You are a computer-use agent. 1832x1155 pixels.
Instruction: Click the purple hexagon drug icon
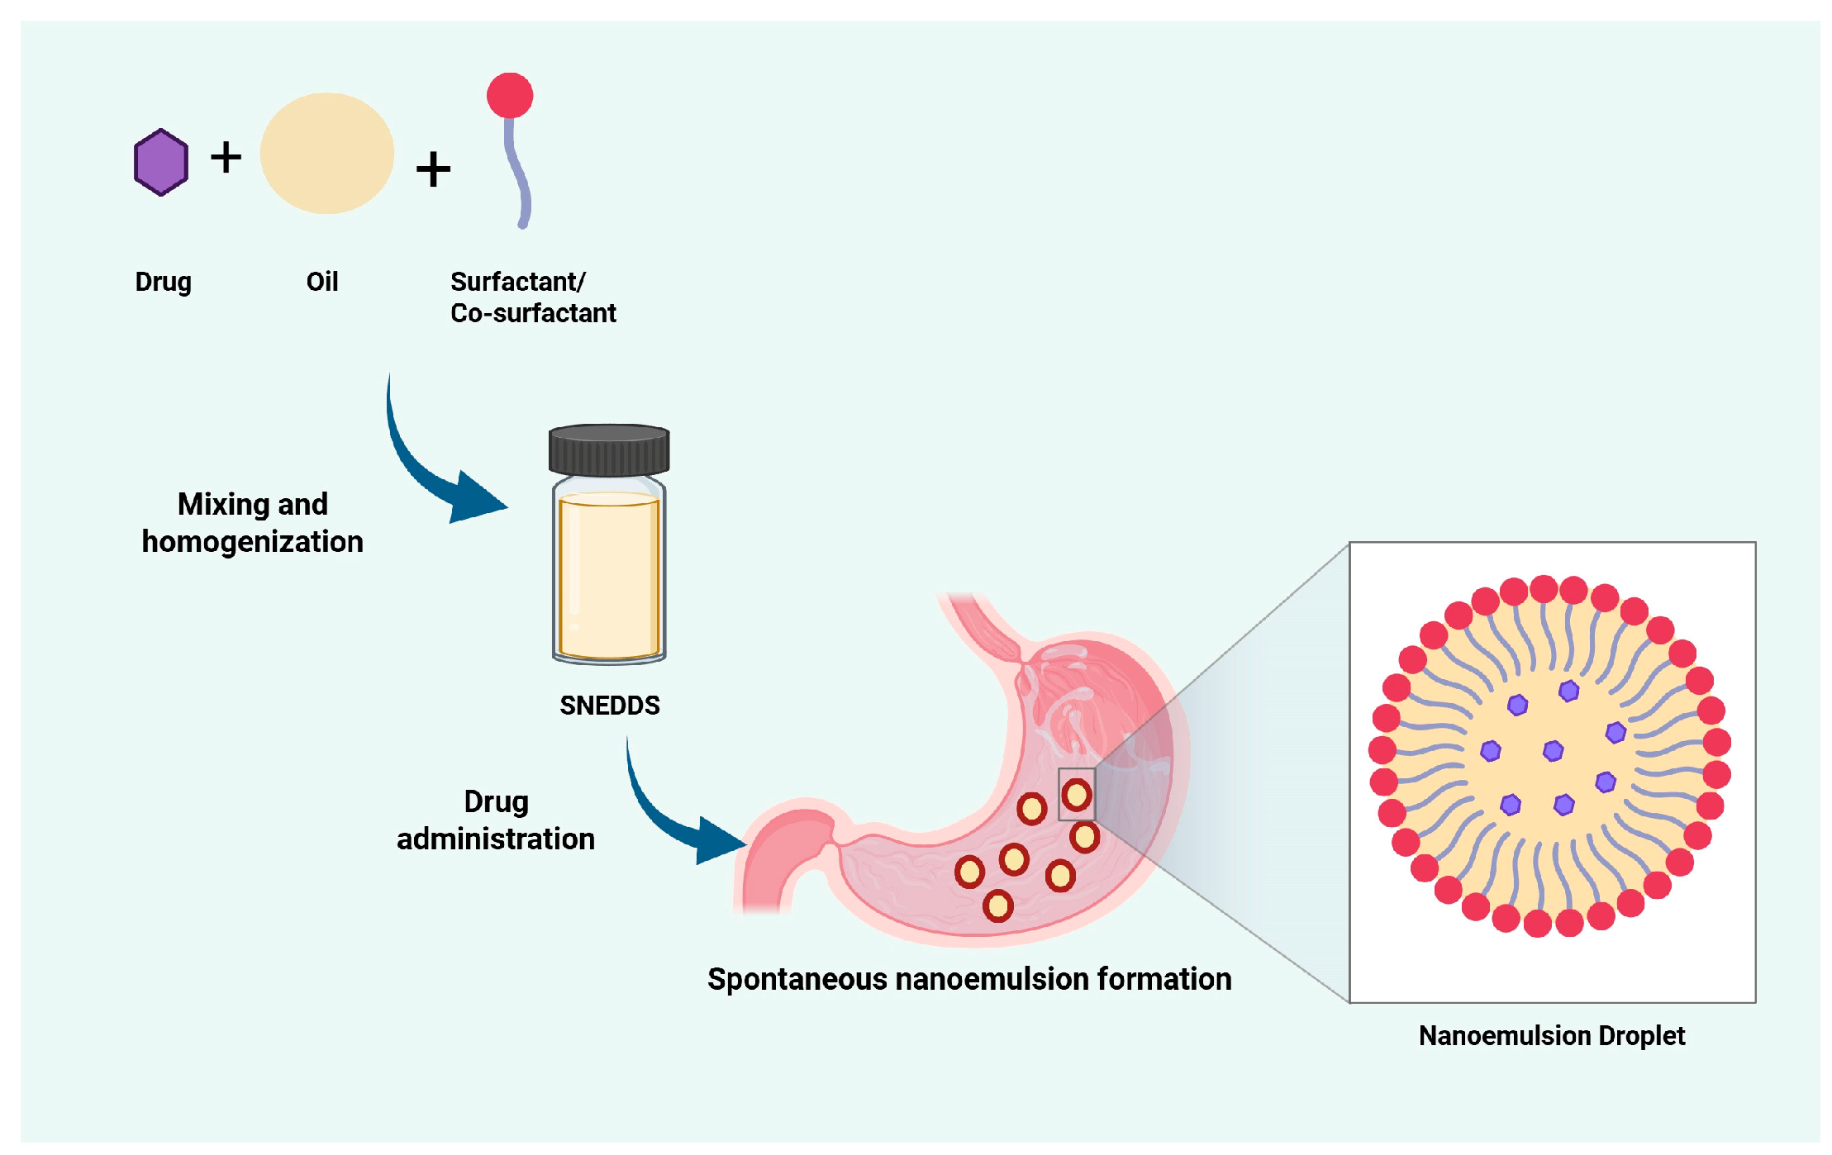tap(161, 162)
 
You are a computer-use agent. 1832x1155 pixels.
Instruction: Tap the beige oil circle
tap(326, 154)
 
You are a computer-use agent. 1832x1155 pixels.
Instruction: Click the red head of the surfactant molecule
tap(510, 96)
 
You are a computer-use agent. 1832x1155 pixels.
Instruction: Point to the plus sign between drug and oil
tap(226, 157)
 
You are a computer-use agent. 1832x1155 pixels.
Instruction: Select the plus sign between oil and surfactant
tap(433, 169)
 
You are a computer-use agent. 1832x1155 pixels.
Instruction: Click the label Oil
tap(322, 282)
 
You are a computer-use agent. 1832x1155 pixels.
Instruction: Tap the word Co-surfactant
tap(533, 313)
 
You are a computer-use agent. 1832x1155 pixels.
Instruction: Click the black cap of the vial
tap(609, 450)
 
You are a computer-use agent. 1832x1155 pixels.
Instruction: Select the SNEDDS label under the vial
tap(609, 705)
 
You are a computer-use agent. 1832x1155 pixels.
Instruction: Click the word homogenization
tap(252, 542)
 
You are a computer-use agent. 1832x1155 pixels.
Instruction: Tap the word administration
tap(495, 839)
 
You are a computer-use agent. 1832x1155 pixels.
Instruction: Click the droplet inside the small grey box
tap(1077, 795)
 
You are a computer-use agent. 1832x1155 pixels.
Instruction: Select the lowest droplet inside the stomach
tap(997, 905)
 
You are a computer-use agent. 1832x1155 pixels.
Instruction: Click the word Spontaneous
tap(797, 979)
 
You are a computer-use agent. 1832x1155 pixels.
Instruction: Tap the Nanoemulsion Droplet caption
tap(1551, 1035)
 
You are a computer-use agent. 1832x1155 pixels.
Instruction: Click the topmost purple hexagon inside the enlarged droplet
tap(1568, 691)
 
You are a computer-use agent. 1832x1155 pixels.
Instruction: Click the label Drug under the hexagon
tap(163, 282)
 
